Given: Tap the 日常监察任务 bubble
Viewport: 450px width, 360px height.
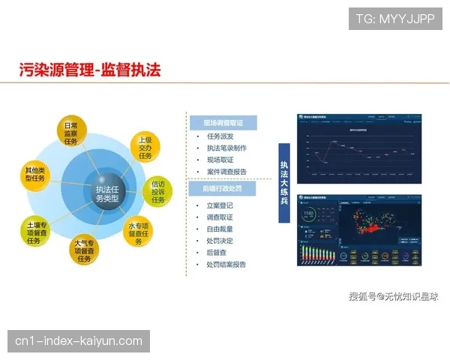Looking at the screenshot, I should [x=71, y=133].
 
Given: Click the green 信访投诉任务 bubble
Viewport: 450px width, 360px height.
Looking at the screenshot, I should [x=158, y=190].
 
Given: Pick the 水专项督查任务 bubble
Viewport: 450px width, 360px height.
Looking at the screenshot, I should [x=141, y=232].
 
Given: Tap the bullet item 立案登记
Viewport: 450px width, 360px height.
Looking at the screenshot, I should [x=220, y=205].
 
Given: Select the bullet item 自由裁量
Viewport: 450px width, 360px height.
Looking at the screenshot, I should [x=220, y=229].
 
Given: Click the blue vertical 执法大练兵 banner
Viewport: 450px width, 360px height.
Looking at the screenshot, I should [x=284, y=183].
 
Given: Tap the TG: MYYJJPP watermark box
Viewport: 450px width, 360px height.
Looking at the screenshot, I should [x=395, y=18].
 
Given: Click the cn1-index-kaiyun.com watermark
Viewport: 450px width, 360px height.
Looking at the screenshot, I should [x=78, y=341].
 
